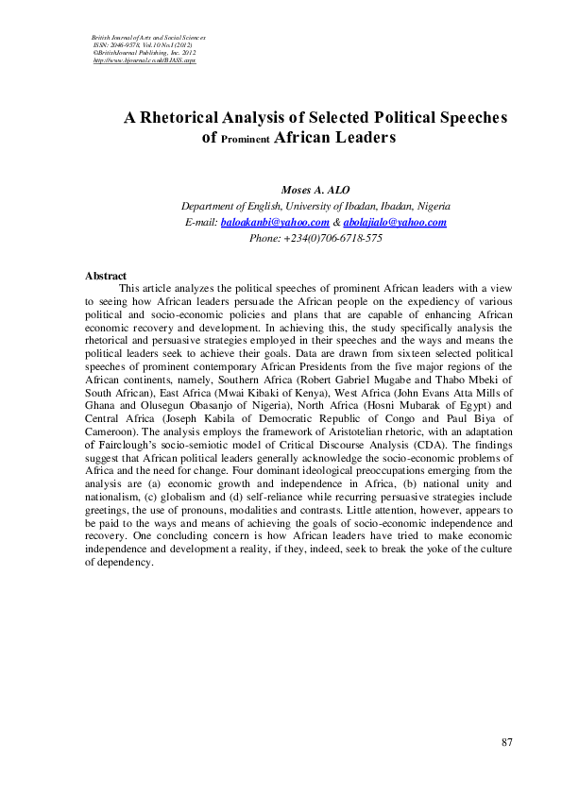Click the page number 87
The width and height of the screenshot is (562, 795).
coord(507,742)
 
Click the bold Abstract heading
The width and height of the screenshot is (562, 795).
coord(106,275)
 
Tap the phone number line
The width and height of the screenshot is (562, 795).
coord(315,238)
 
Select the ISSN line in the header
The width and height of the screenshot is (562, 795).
coord(143,44)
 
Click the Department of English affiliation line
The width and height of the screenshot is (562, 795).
coord(315,206)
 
